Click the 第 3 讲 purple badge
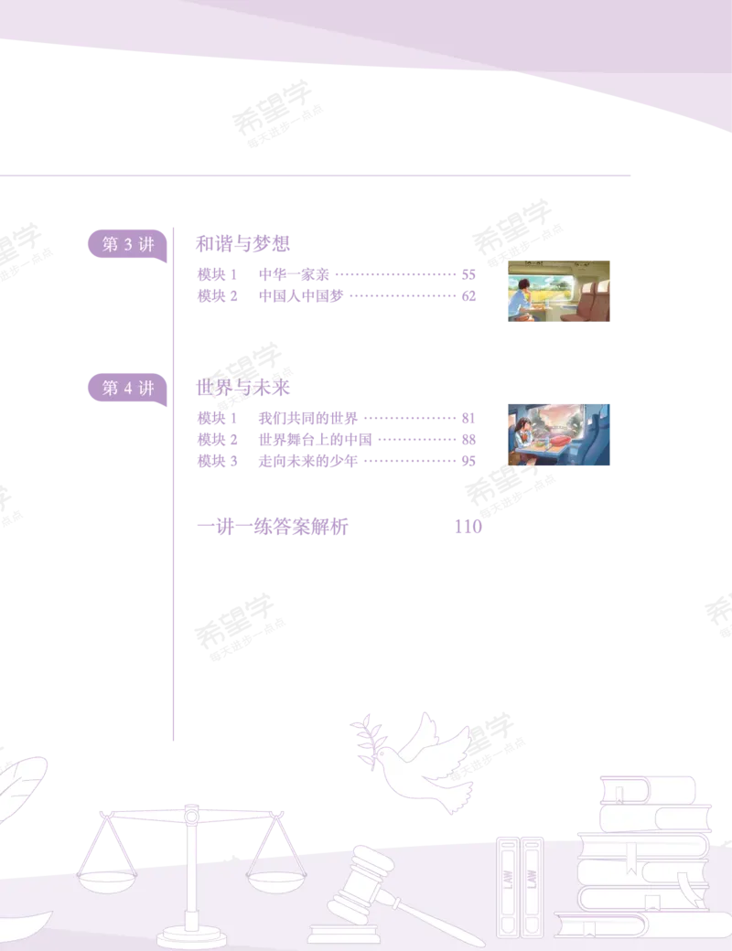pos(127,245)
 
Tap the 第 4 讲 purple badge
pos(127,389)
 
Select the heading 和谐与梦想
pos(242,244)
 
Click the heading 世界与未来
pos(242,388)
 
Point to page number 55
pos(468,274)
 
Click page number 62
pos(468,296)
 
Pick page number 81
pos(468,418)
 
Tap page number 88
pos(468,439)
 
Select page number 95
pos(468,461)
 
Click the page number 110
pos(468,527)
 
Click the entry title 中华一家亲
pos(294,274)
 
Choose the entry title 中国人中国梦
pos(301,296)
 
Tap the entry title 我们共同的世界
pos(308,418)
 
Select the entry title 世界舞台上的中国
pos(315,439)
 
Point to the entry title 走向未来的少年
pos(308,461)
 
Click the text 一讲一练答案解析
pos(273,527)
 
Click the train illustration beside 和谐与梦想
pos(558,291)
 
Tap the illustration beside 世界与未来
pos(558,435)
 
